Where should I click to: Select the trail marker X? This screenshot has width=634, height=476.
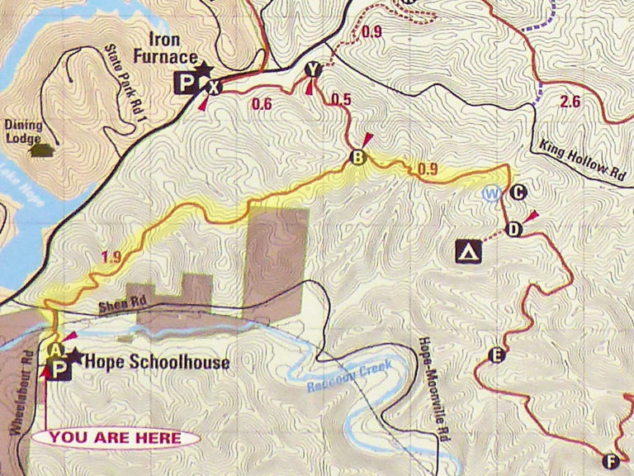tap(214, 87)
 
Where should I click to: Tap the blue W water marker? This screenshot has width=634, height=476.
tap(493, 194)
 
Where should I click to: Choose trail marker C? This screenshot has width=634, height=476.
tap(518, 194)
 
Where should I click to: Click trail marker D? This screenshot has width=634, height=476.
tap(513, 229)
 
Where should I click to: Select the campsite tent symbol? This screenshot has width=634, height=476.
tap(470, 250)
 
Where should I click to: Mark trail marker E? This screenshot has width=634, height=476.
tap(496, 356)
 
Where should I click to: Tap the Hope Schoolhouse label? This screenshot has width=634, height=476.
tap(157, 362)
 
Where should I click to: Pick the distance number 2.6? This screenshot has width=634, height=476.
tap(570, 102)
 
